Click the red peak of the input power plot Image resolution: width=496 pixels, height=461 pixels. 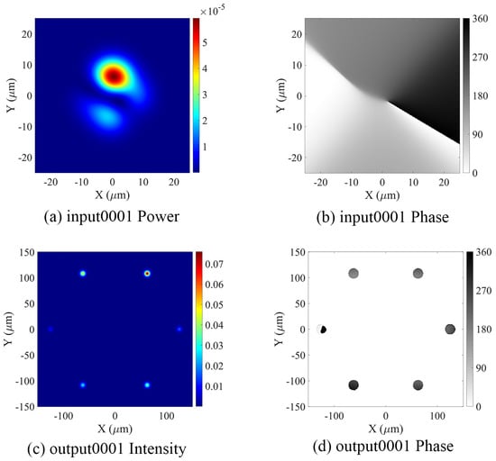115,76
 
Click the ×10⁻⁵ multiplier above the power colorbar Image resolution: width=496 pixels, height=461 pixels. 213,11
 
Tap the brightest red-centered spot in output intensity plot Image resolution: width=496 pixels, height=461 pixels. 147,274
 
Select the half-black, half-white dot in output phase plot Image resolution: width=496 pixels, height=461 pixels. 322,330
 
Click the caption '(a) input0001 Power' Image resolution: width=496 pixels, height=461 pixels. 112,217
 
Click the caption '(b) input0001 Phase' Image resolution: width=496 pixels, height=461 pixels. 382,217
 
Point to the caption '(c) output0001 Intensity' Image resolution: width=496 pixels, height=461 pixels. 106,449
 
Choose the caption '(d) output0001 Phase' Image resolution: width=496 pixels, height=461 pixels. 383,447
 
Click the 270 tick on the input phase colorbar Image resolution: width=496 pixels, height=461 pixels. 481,58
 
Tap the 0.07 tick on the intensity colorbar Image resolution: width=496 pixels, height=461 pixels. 214,264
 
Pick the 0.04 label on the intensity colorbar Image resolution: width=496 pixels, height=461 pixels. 214,325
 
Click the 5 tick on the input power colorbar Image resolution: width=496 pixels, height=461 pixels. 205,42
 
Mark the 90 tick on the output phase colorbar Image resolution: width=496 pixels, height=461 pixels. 481,368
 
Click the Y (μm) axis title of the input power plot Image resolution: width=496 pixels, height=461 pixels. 11,95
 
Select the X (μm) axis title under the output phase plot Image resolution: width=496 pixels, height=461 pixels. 386,429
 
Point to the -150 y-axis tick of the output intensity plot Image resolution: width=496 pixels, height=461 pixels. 25,406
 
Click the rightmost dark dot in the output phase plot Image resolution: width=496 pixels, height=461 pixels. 450,330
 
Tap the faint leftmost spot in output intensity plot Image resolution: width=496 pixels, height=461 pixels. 51,330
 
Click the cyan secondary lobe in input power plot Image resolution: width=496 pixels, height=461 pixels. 106,116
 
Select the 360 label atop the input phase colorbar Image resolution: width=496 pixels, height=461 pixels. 480,19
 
